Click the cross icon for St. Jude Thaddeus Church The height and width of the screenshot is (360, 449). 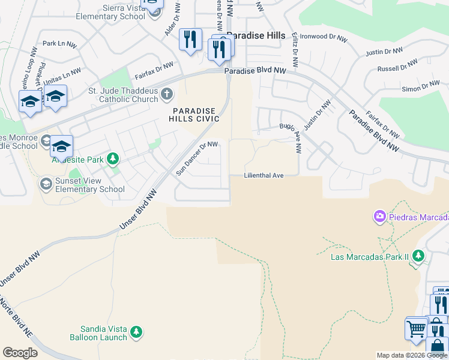pyautogui.click(x=167, y=94)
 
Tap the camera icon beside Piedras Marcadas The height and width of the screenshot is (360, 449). pyautogui.click(x=379, y=216)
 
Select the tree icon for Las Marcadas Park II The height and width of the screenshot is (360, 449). pyautogui.click(x=418, y=257)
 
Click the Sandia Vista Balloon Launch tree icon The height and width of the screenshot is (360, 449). pyautogui.click(x=136, y=331)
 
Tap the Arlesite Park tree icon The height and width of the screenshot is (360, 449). pyautogui.click(x=112, y=158)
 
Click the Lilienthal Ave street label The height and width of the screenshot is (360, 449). pyautogui.click(x=264, y=176)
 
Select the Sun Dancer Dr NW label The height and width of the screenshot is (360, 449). pyautogui.click(x=197, y=158)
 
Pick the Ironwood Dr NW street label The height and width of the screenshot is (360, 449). pyautogui.click(x=324, y=38)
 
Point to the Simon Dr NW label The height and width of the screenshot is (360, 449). pyautogui.click(x=421, y=88)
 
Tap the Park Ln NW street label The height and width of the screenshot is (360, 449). pyautogui.click(x=60, y=44)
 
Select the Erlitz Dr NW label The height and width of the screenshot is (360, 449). pyautogui.click(x=295, y=53)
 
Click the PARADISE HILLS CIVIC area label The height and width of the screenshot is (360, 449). pyautogui.click(x=196, y=115)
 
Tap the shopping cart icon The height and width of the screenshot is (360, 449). pyautogui.click(x=415, y=328)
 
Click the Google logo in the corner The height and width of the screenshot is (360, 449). pyautogui.click(x=20, y=353)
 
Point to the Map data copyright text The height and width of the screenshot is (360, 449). pyautogui.click(x=412, y=355)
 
